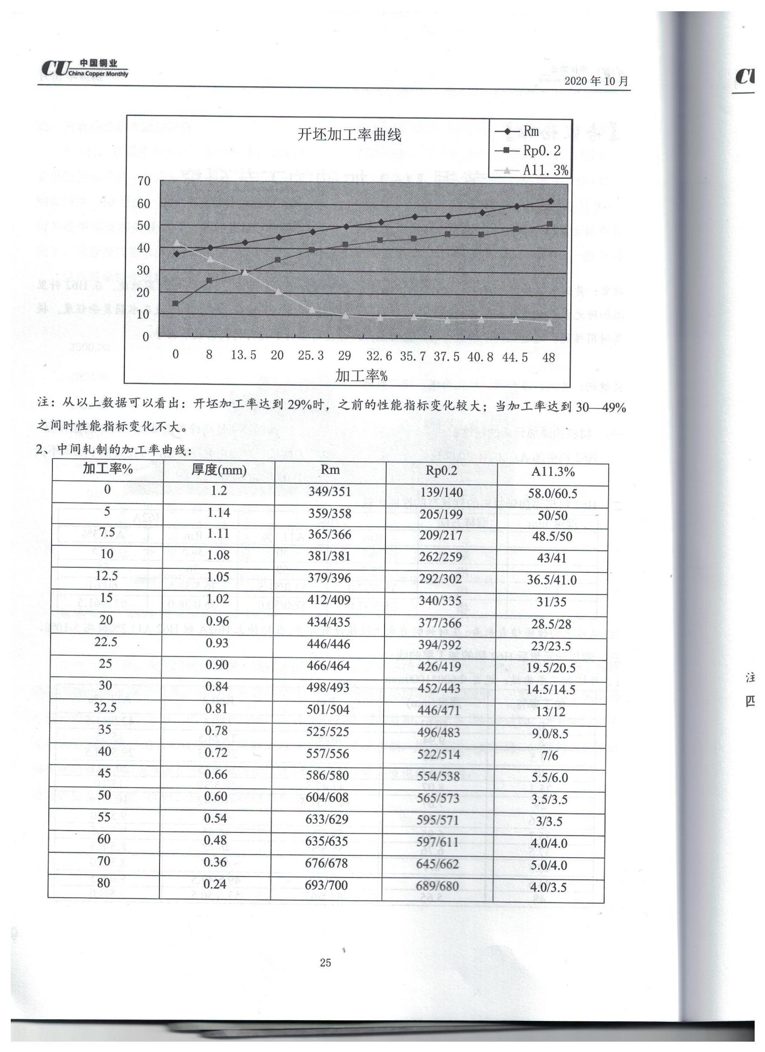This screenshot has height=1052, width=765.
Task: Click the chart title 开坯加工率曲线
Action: pos(349,135)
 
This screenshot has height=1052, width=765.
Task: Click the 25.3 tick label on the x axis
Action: pos(311,356)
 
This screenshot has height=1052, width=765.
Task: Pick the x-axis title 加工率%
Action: pos(361,375)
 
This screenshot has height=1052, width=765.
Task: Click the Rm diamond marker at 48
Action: pos(550,201)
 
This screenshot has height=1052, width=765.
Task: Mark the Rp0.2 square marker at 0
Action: pos(175,303)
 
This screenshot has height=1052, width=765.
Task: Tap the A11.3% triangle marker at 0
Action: pos(176,242)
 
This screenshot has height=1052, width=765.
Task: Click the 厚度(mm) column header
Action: pos(219,470)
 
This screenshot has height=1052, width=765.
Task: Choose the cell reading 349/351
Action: pos(330,491)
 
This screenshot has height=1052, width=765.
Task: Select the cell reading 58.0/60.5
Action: pos(552,494)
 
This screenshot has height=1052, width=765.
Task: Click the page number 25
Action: pos(325,962)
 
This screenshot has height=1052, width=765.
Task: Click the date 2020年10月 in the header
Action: pos(596,81)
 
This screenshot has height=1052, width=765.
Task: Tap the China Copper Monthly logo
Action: pos(85,69)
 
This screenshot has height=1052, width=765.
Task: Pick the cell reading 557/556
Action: pos(328,754)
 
